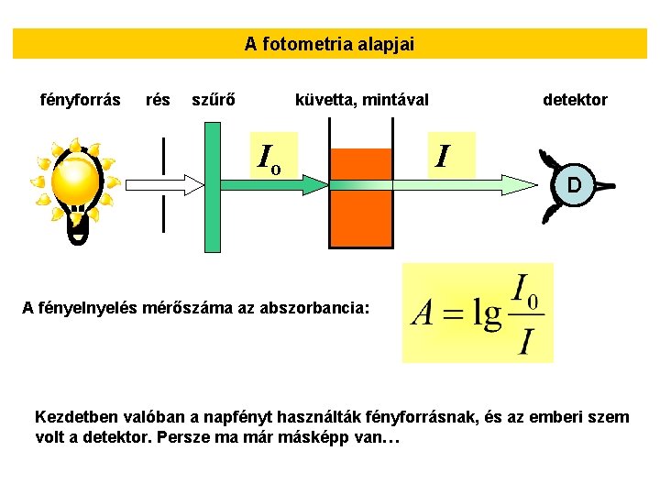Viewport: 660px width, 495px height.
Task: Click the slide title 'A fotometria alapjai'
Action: pyautogui.click(x=329, y=43)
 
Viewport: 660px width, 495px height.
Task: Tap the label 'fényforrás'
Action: pyautogui.click(x=82, y=99)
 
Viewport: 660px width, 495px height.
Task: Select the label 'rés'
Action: pyautogui.click(x=158, y=99)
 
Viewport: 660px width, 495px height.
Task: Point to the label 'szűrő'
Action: pyautogui.click(x=213, y=99)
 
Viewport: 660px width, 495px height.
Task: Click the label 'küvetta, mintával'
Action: pyautogui.click(x=361, y=99)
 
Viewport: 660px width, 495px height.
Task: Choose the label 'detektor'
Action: pyautogui.click(x=575, y=99)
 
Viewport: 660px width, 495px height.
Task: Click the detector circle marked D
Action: pyautogui.click(x=574, y=185)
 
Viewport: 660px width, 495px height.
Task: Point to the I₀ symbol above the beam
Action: pyautogui.click(x=269, y=160)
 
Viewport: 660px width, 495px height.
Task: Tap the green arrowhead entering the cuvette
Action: pyautogui.click(x=316, y=185)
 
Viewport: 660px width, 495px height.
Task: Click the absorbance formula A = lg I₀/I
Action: pyautogui.click(x=478, y=313)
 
